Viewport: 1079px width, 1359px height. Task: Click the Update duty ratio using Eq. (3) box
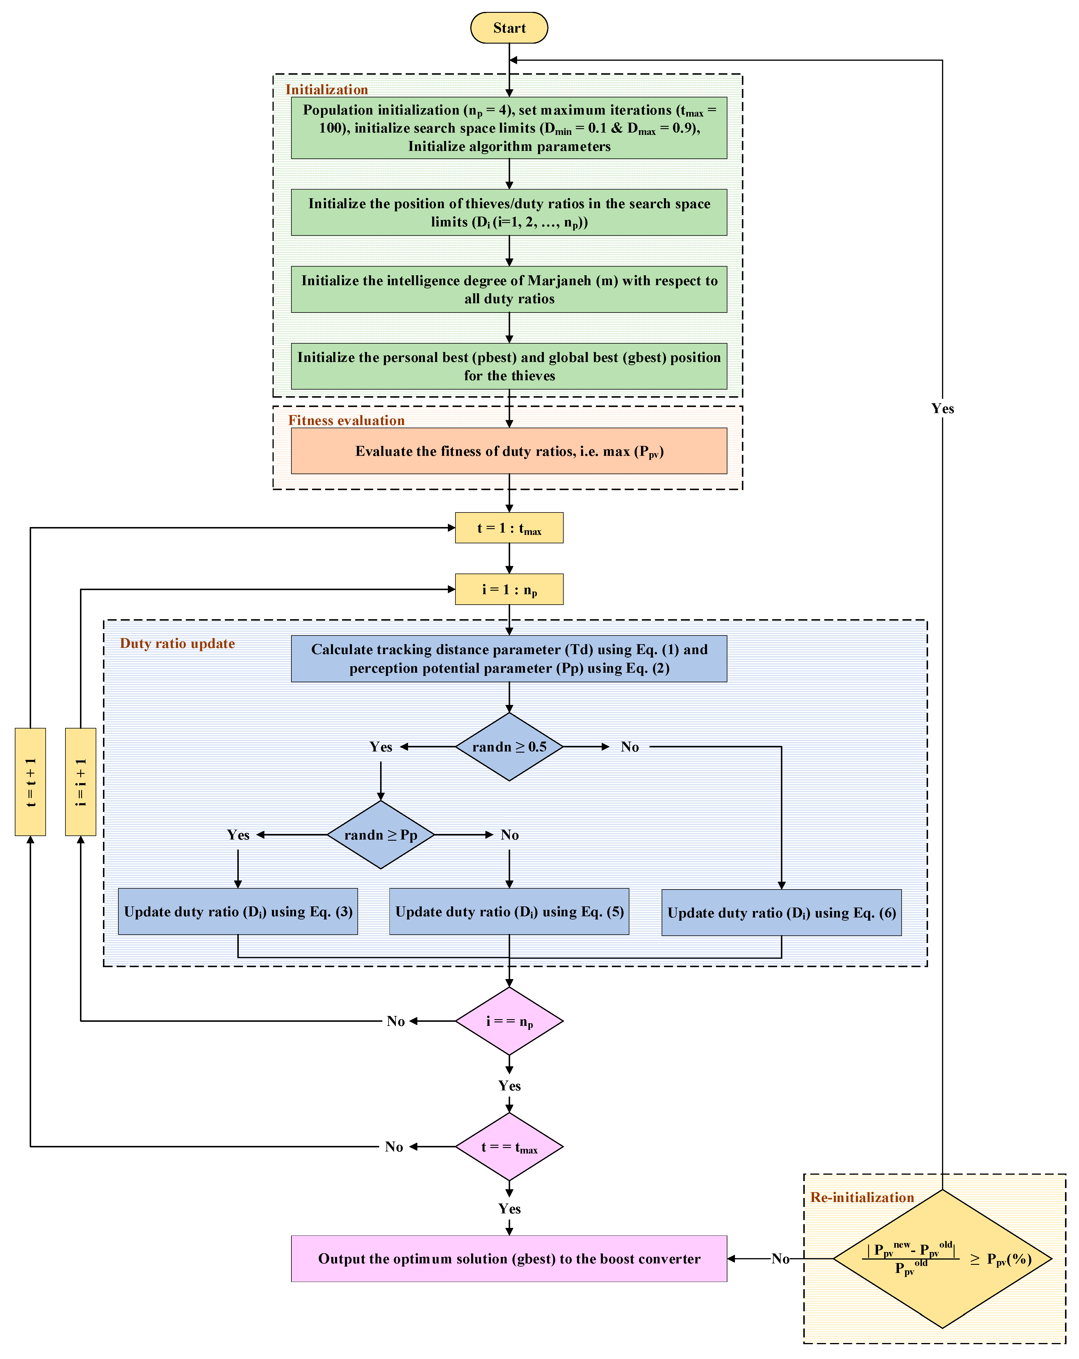[x=238, y=911]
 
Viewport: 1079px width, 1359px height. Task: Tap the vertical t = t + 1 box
[x=30, y=782]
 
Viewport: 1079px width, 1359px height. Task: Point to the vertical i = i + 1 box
[x=80, y=782]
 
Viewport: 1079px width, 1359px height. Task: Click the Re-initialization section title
[x=861, y=1198]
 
